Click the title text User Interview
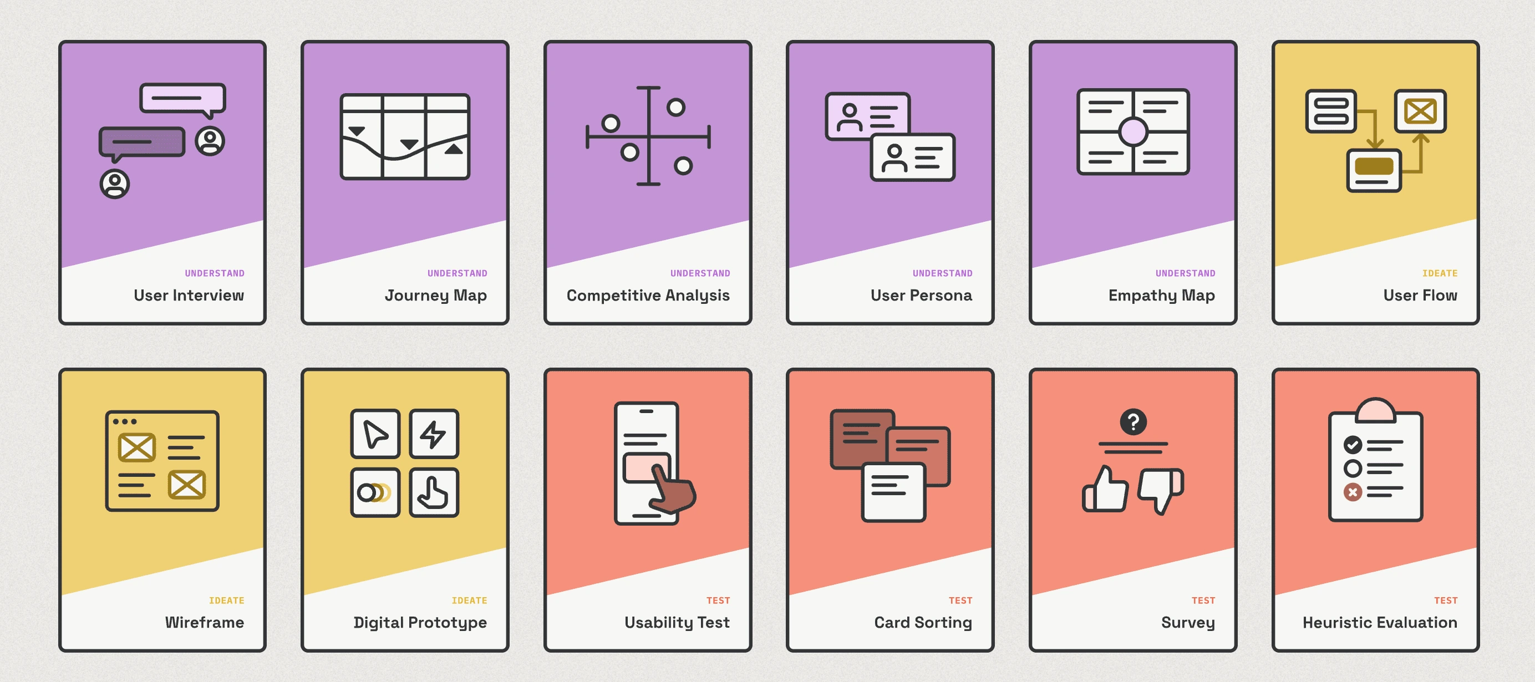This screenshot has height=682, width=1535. tap(189, 296)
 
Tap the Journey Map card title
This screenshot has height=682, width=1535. tap(435, 296)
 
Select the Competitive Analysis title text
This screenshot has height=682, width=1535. tap(648, 296)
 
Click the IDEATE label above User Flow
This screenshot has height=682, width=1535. tap(1439, 273)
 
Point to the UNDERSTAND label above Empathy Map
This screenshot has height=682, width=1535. tap(1185, 273)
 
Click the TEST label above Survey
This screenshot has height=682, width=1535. tap(1202, 600)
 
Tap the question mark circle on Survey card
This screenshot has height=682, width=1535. tap(1133, 422)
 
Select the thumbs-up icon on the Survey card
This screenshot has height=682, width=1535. tap(1106, 490)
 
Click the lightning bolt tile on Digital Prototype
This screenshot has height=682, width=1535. tap(434, 434)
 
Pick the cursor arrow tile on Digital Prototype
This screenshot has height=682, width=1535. tap(375, 434)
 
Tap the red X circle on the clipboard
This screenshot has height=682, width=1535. tap(1352, 492)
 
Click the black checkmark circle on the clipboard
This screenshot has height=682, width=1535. tap(1352, 444)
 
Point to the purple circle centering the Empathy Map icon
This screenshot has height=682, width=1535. tap(1133, 131)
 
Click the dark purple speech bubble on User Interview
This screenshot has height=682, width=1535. tap(142, 142)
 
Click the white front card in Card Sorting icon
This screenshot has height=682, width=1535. tap(893, 492)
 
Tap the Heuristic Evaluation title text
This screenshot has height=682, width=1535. tap(1380, 623)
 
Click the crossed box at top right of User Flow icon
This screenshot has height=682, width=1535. tap(1420, 111)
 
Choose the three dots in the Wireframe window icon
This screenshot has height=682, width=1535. tap(125, 422)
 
